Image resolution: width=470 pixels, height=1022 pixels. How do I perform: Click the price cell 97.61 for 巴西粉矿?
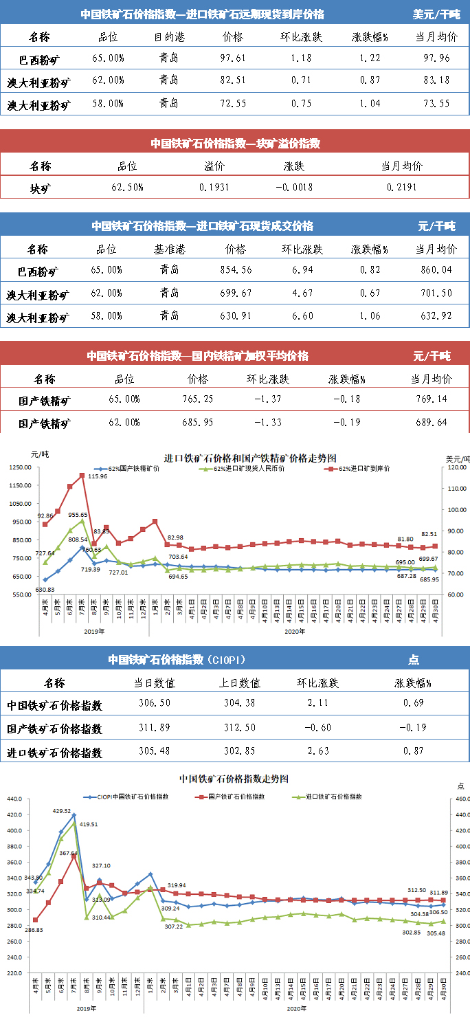click(x=234, y=58)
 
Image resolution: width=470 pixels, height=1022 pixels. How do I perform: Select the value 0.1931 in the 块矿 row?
click(x=214, y=187)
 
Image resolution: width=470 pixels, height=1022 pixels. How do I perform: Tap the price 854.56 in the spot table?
click(x=234, y=270)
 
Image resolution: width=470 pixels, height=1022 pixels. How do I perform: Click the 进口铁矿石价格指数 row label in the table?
click(x=54, y=753)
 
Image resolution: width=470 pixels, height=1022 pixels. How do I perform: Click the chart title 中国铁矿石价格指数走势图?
click(x=234, y=779)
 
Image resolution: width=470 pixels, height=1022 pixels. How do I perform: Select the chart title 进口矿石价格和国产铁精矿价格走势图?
click(x=250, y=457)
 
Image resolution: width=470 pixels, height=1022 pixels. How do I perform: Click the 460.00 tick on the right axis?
click(x=459, y=799)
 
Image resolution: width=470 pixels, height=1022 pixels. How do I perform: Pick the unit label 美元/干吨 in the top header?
click(x=436, y=14)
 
